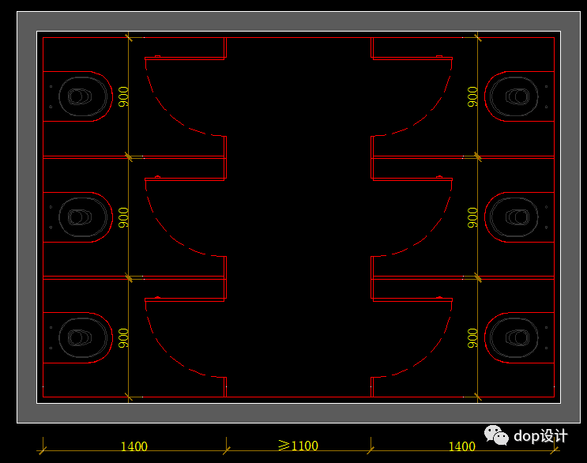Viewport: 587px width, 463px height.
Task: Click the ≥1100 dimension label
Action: pos(299,446)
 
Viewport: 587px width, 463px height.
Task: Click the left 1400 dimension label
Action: pos(134,446)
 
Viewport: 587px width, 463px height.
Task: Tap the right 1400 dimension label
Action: pos(462,446)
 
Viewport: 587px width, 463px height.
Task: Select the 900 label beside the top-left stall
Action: pos(123,96)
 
